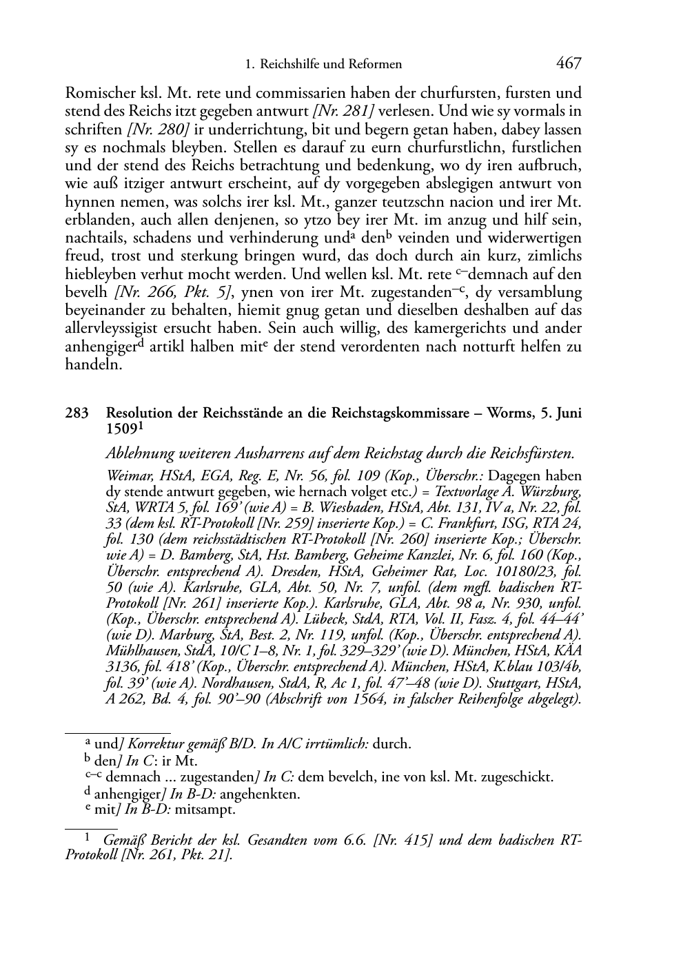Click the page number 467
tap(568, 64)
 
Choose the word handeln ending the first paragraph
tap(93, 365)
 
